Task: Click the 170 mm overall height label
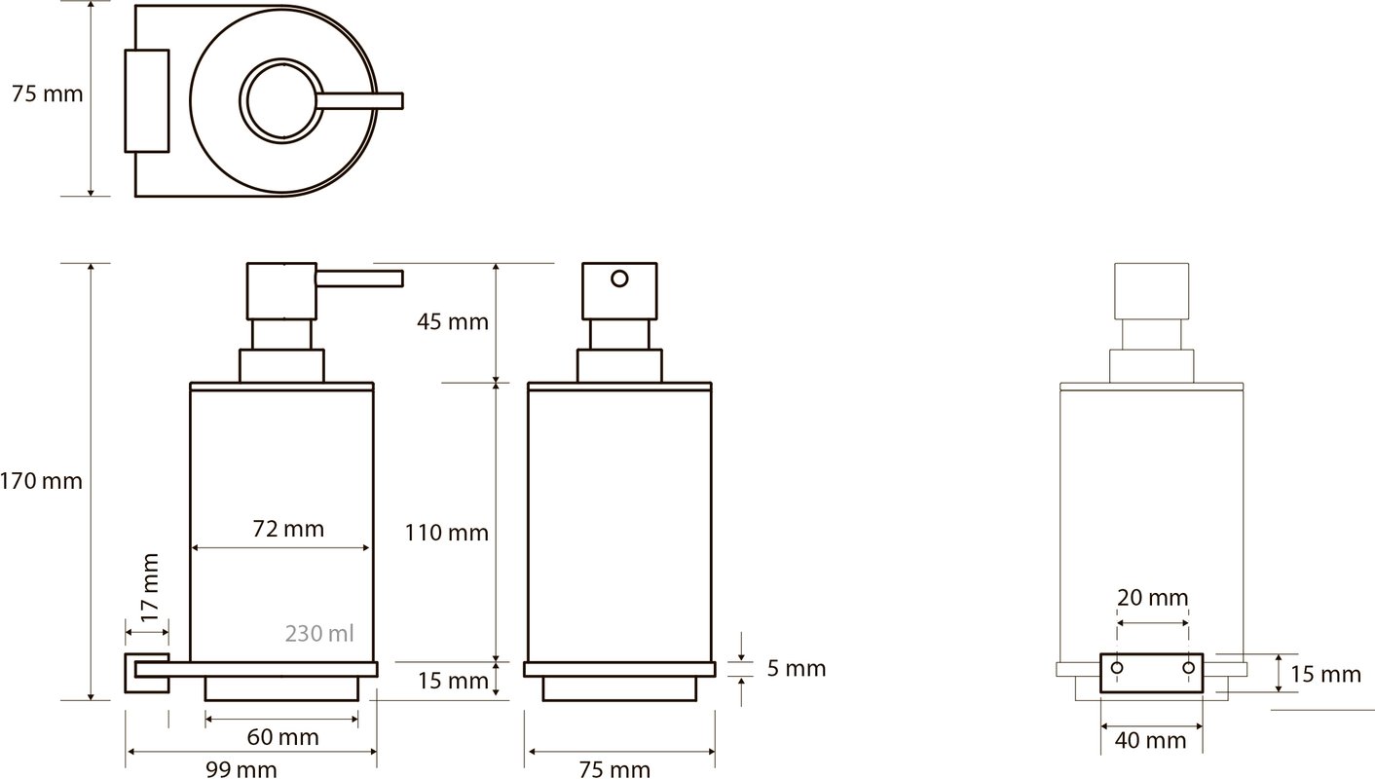[x=41, y=481]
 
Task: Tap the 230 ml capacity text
[x=319, y=633]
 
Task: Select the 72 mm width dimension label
[x=288, y=529]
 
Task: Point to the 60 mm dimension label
[x=282, y=737]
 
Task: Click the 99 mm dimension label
[x=241, y=769]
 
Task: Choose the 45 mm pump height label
[x=453, y=321]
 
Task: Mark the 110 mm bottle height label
[x=446, y=533]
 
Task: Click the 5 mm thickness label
[x=797, y=668]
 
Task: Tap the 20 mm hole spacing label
[x=1152, y=597]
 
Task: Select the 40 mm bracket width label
[x=1150, y=740]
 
